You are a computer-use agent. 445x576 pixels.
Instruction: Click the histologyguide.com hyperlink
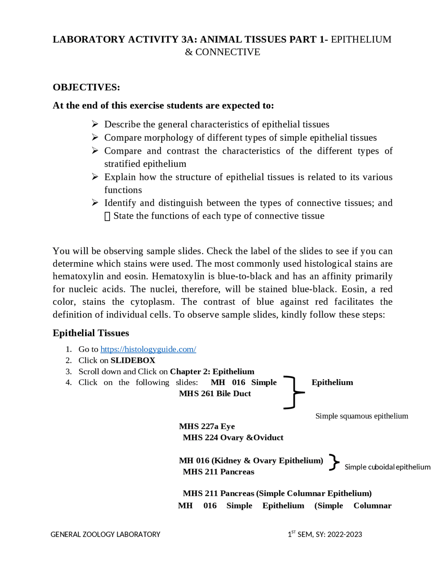148,349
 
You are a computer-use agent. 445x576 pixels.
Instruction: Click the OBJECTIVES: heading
86,87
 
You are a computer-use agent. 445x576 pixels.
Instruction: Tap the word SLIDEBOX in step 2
133,360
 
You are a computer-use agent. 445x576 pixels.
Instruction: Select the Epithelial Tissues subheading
91,333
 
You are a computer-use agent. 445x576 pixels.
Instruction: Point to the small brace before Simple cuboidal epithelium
334,462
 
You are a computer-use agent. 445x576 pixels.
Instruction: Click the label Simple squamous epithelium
362,416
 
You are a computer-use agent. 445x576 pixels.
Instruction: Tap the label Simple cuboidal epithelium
387,467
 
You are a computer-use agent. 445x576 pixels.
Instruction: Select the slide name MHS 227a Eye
207,426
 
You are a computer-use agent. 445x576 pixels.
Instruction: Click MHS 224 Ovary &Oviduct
233,437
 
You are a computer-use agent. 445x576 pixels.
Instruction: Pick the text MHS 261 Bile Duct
215,393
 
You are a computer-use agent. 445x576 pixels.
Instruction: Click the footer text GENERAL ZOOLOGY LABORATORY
105,534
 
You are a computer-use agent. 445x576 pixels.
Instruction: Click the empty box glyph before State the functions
107,216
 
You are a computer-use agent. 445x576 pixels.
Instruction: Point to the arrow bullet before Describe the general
95,124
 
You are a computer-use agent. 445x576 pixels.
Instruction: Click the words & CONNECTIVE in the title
222,52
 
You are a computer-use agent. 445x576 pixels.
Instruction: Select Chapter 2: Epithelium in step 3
212,371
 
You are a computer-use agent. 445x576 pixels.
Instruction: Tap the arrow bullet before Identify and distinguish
95,202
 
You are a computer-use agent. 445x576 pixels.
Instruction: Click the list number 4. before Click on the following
68,382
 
